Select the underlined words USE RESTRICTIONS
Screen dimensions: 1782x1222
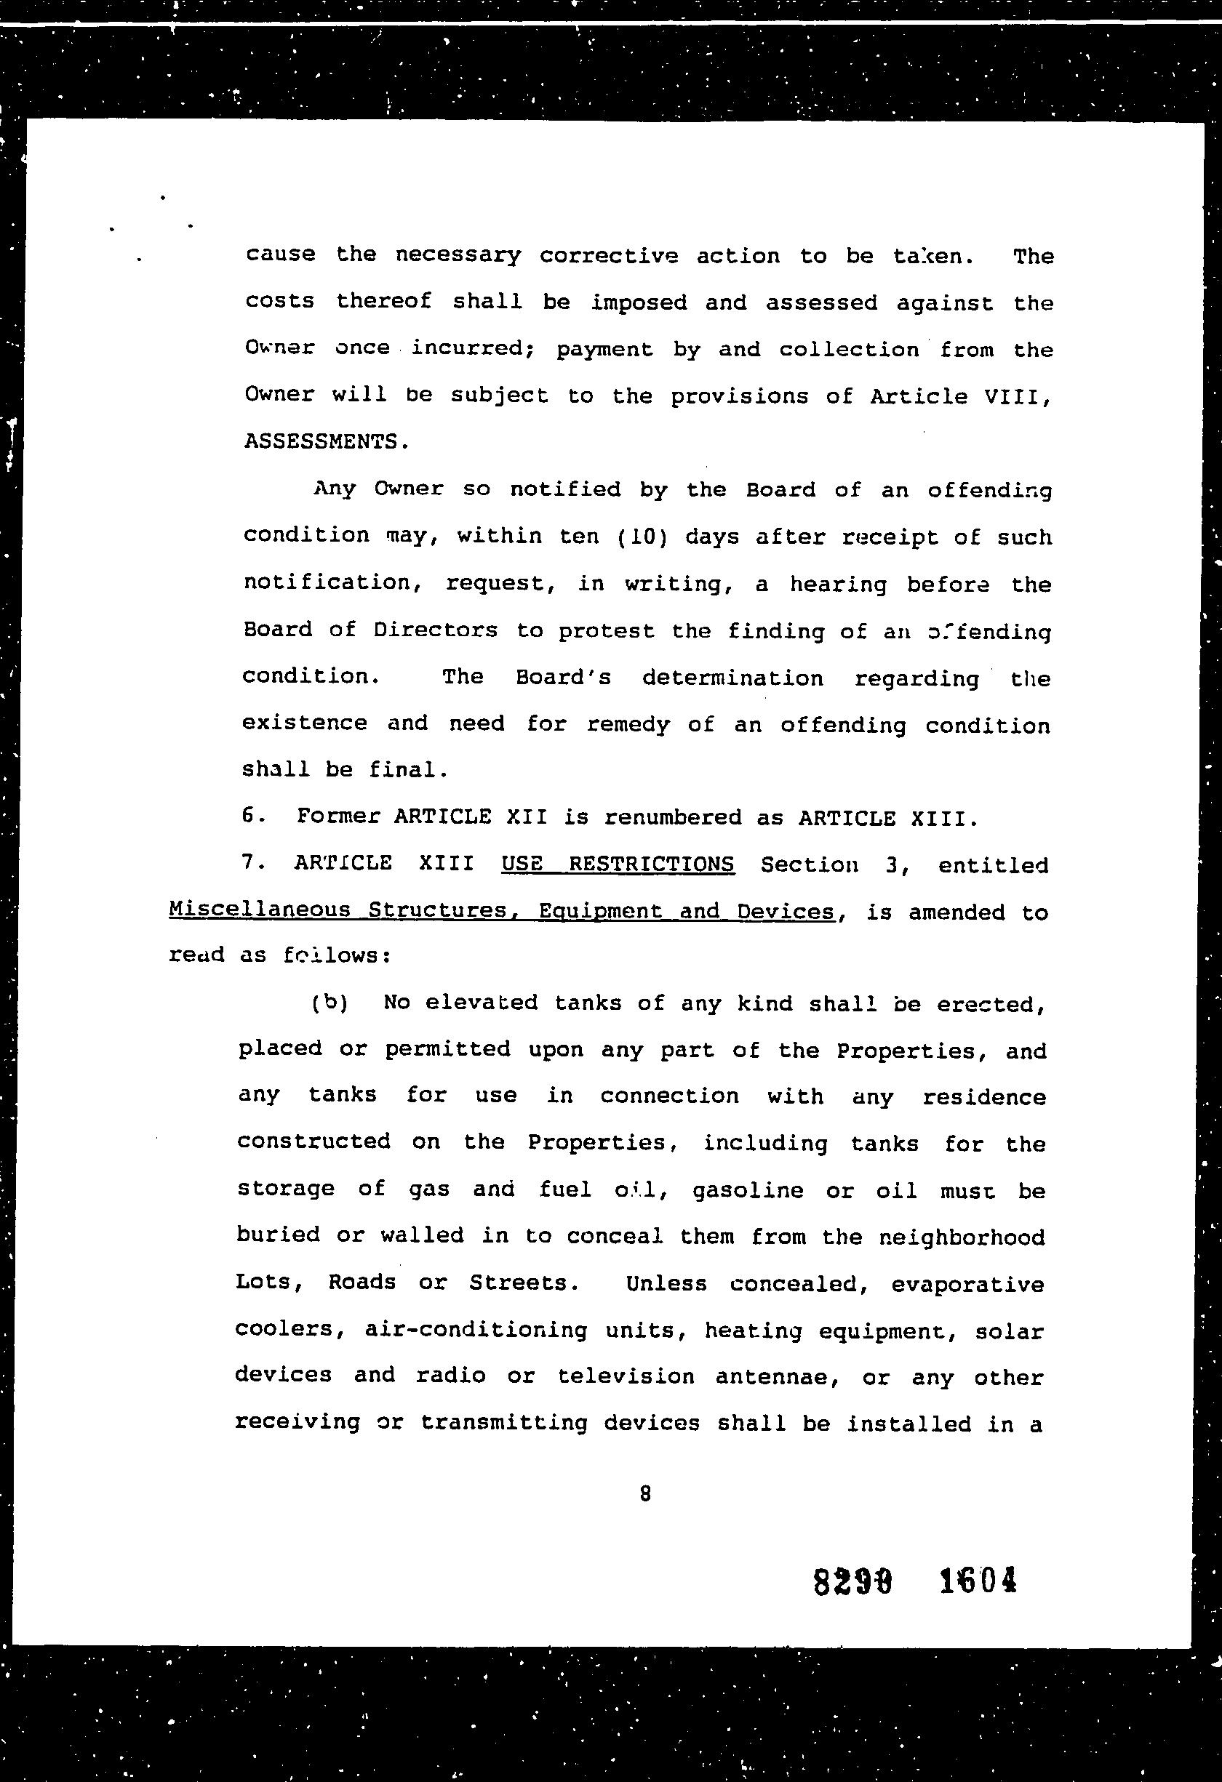pos(618,864)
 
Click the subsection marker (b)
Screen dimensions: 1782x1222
pos(330,1003)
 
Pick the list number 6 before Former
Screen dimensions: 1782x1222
pos(249,816)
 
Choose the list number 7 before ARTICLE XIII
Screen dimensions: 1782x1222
pos(249,862)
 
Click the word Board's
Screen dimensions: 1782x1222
pos(563,678)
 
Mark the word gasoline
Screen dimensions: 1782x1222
pos(748,1191)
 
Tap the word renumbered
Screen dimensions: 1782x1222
pos(673,817)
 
